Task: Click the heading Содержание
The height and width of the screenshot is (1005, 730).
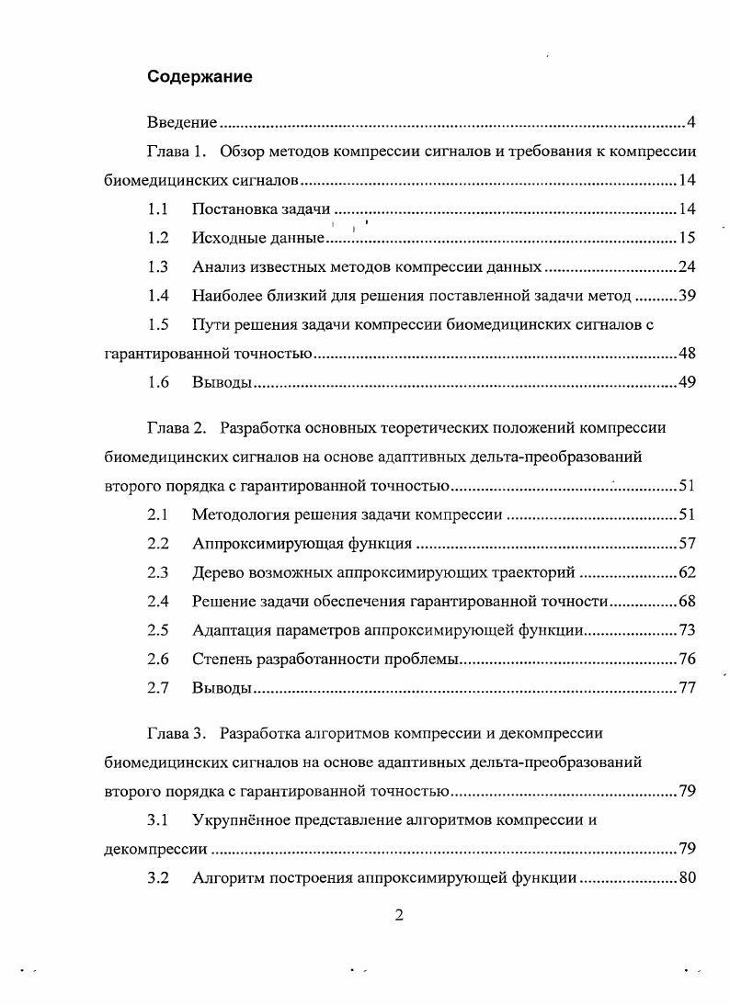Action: [200, 78]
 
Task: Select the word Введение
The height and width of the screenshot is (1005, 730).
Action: [183, 123]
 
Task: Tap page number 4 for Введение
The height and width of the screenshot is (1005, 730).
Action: [690, 123]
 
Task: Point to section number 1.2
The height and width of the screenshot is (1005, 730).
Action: [158, 238]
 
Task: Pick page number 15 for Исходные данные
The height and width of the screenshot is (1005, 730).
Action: [687, 238]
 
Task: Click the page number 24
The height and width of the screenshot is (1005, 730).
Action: [687, 267]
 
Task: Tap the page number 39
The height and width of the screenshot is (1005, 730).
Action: [687, 296]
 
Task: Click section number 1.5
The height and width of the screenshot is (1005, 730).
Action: [158, 324]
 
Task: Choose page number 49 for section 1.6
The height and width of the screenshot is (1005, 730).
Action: [687, 382]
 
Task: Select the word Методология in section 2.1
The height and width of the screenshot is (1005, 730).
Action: [237, 514]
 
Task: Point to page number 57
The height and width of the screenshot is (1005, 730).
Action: [687, 543]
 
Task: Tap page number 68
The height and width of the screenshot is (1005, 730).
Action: [687, 601]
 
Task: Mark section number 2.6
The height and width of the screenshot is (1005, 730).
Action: [158, 659]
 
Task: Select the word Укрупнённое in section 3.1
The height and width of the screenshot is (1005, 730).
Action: [242, 819]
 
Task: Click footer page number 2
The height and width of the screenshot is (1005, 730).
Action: [399, 915]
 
